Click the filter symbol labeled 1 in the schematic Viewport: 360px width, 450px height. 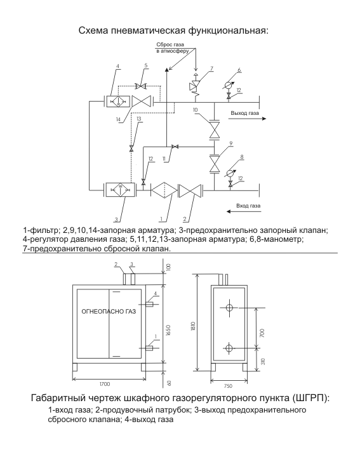pos(164,190)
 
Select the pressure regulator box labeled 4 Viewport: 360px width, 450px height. pos(118,102)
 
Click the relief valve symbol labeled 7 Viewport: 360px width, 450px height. pos(196,86)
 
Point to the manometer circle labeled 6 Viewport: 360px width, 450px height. pos(229,85)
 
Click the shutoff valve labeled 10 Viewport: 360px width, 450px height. pos(214,129)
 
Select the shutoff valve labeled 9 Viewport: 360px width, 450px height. pos(214,164)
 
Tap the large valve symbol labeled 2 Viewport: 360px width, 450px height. pos(190,190)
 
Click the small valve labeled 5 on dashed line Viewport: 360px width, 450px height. pos(141,86)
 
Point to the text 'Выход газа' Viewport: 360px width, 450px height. pos(244,113)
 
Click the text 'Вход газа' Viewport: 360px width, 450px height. pos(248,206)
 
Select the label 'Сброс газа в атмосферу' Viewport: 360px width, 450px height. pos(173,48)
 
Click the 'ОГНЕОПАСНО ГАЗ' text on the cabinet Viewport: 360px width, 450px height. pos(109,312)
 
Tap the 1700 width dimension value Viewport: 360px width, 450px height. pos(105,384)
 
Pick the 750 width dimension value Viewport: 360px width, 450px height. pos(228,386)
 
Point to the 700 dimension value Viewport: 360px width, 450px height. pos(262,333)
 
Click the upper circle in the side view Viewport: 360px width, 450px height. pos(229,308)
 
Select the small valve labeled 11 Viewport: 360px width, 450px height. pos(174,147)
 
